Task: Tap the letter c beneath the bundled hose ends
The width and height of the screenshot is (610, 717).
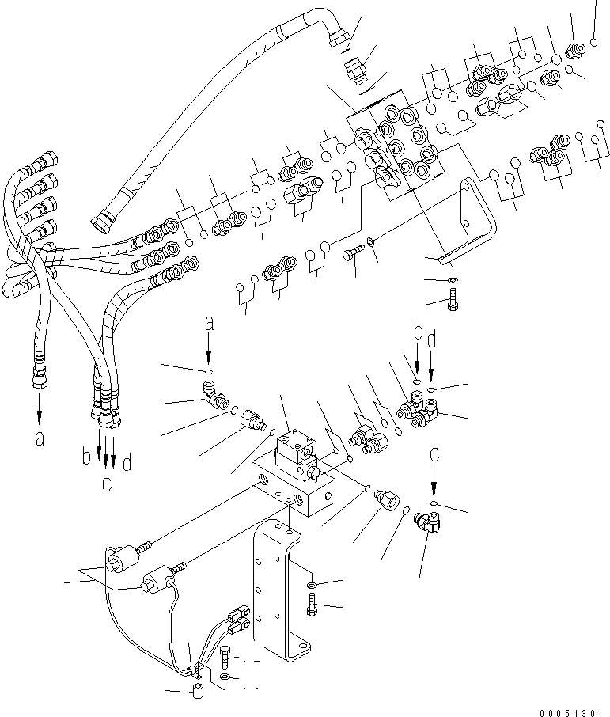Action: click(105, 484)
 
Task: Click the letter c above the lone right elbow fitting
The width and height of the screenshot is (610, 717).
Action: click(433, 454)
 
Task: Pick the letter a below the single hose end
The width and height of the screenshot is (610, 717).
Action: click(40, 440)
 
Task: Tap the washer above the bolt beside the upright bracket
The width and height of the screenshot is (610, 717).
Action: click(313, 584)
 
